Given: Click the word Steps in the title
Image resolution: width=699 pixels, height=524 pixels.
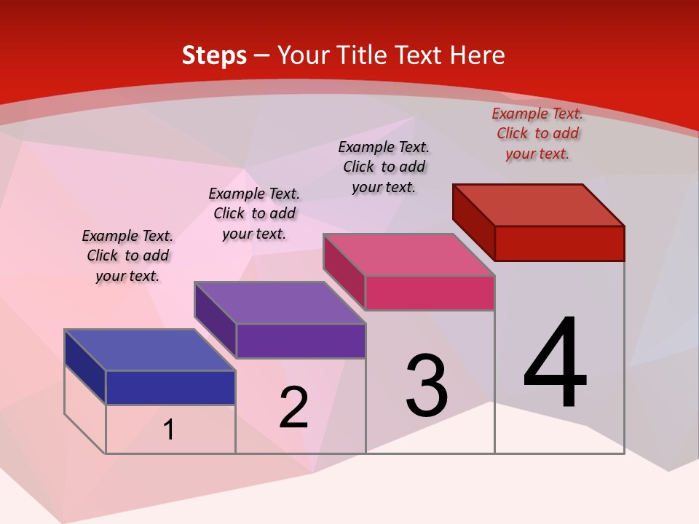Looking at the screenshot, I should [214, 55].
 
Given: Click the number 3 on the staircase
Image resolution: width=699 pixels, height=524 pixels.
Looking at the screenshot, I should [427, 385].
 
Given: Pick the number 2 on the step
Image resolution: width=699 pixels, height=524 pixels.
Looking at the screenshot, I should [294, 408].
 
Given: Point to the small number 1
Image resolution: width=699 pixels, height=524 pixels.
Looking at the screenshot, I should [169, 430].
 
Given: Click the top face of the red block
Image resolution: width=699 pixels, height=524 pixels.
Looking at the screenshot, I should [539, 205].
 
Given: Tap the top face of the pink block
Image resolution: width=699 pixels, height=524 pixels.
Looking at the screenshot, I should [409, 255].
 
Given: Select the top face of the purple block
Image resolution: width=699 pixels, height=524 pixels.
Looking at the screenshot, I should [280, 303].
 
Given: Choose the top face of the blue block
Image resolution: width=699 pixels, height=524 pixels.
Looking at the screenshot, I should [150, 350].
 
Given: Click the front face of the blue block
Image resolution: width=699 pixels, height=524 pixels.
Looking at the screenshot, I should [170, 387].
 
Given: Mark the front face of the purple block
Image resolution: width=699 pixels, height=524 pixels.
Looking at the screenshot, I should [301, 341].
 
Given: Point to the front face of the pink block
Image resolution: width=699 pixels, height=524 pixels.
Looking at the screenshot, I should [430, 293].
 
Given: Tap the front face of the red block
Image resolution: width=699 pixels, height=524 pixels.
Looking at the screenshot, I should [559, 243].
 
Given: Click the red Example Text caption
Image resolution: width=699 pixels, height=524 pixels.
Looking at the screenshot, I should [537, 133].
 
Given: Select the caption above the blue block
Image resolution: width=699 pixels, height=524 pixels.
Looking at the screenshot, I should [127, 255].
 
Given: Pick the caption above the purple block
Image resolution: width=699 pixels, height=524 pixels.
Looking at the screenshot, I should [254, 213].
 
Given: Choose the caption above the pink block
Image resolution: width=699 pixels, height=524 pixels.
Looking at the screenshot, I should [384, 167].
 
